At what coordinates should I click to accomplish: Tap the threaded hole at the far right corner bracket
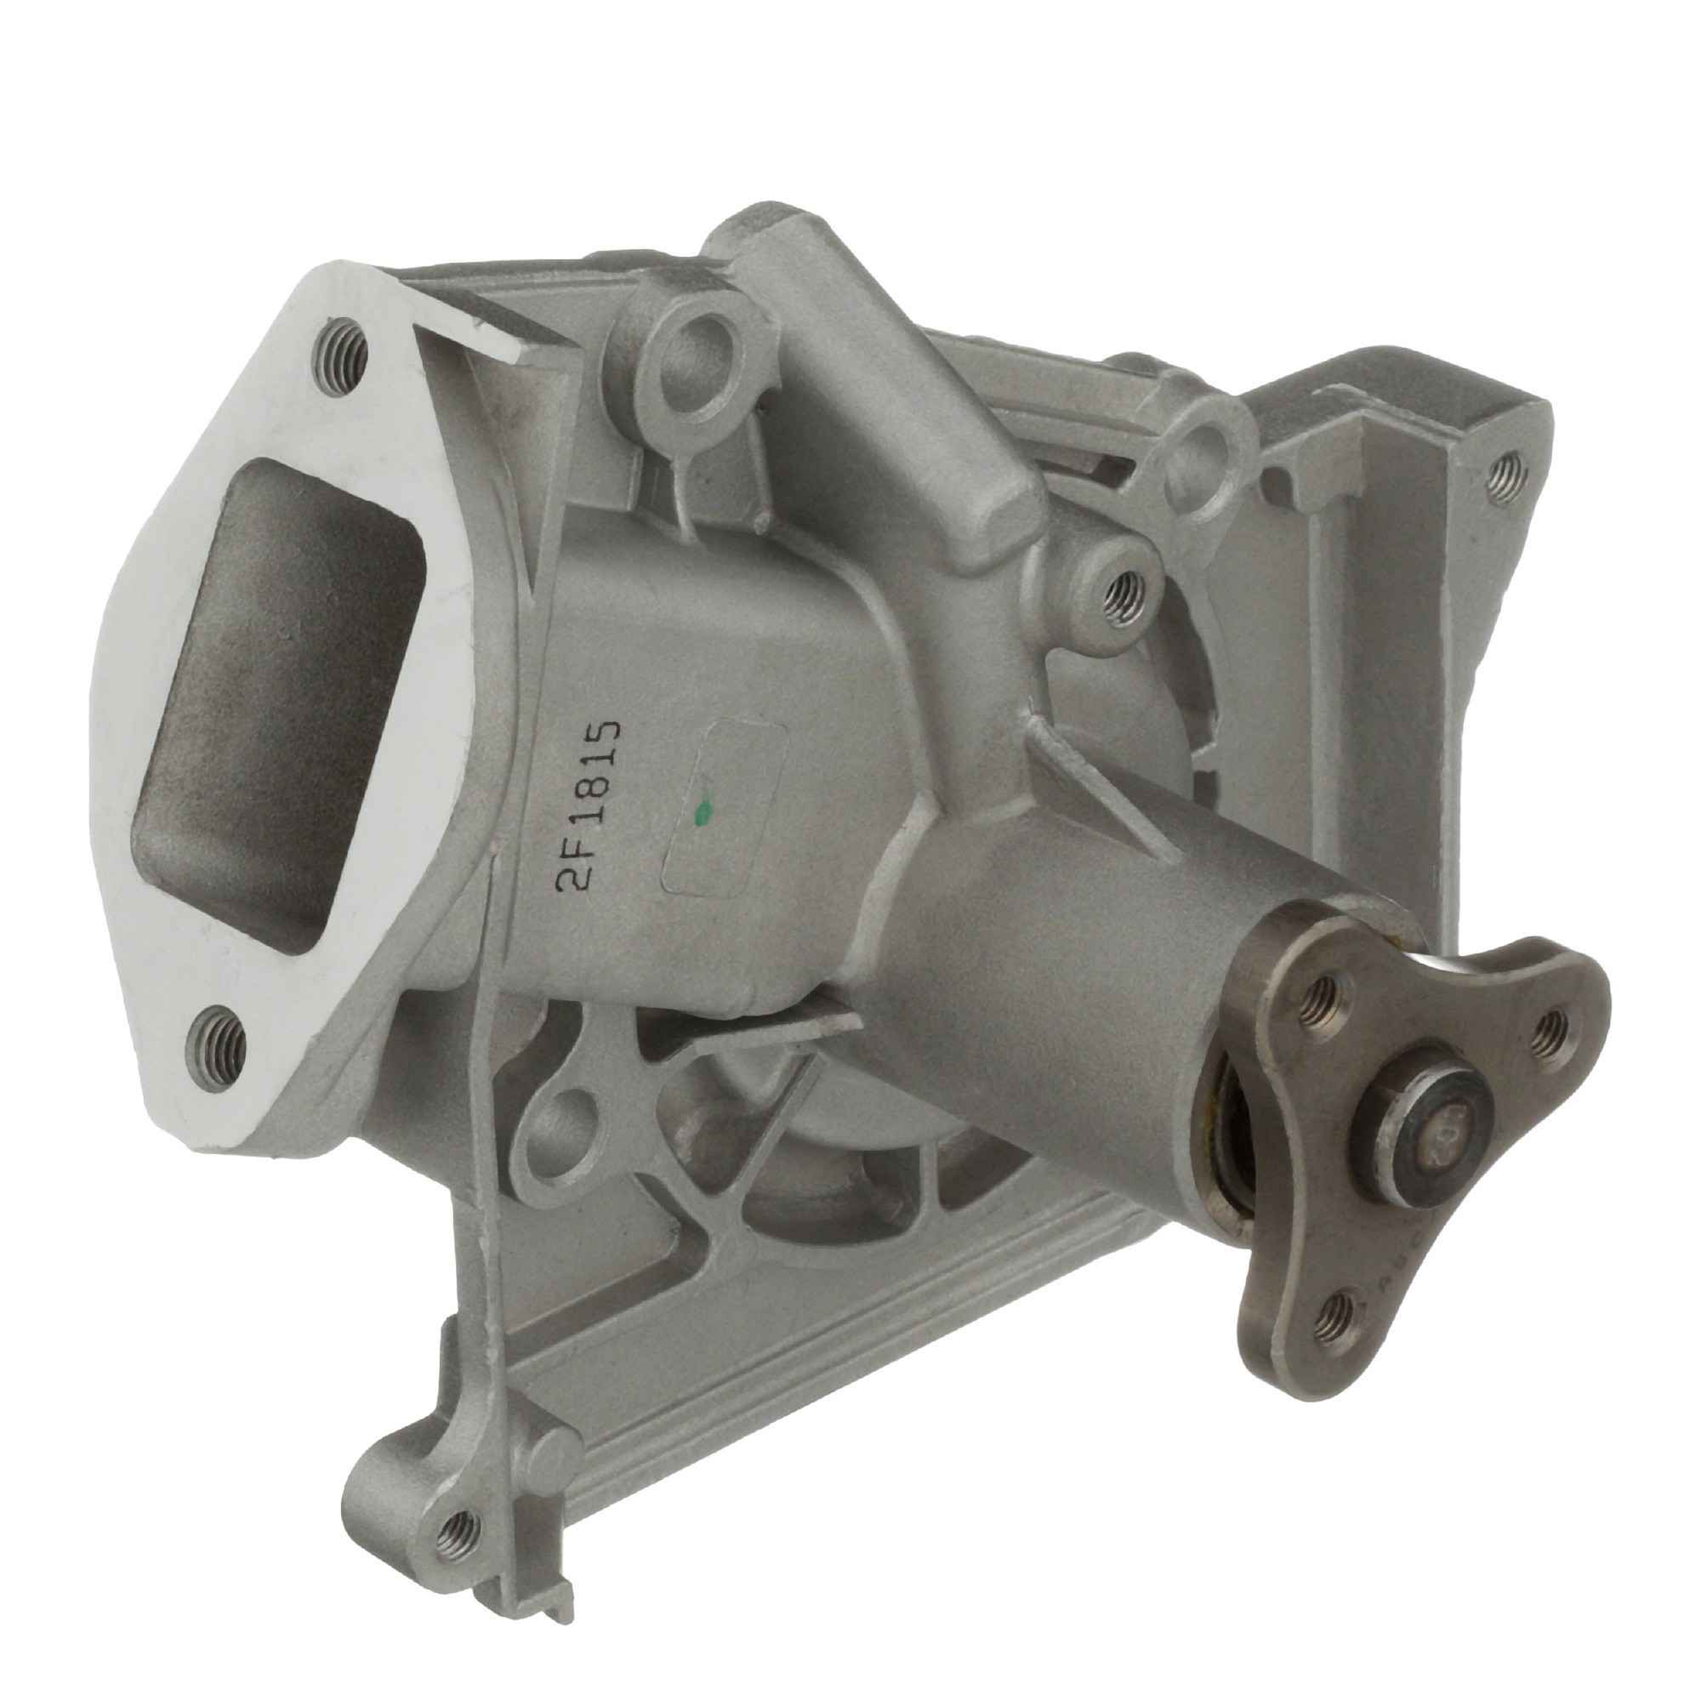click(x=1506, y=478)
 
